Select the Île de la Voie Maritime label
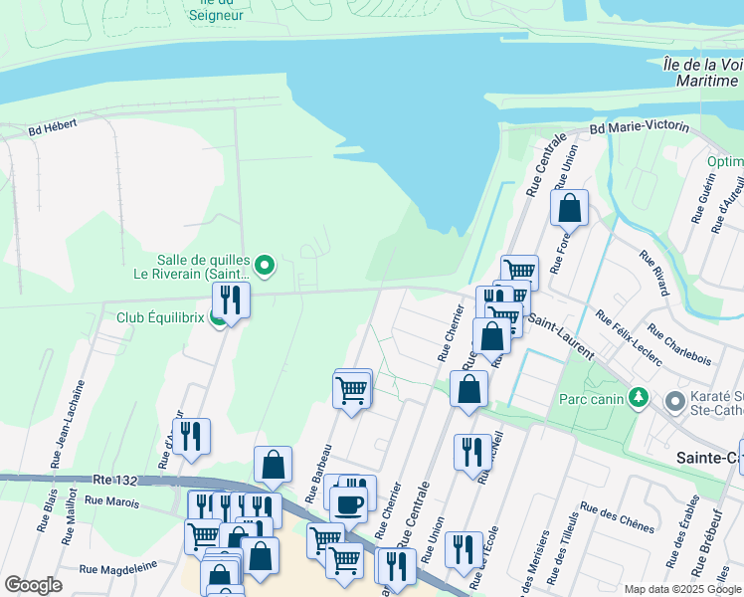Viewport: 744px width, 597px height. coord(700,71)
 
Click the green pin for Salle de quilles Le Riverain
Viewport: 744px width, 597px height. coord(264,265)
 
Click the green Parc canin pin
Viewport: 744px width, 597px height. coord(638,399)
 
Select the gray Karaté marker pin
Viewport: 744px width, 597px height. coord(674,402)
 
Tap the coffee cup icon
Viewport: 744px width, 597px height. coord(348,503)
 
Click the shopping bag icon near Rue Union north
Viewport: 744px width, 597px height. coord(569,208)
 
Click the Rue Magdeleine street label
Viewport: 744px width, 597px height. coord(115,569)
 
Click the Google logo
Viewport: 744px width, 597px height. coord(33,584)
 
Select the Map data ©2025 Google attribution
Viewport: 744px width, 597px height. coord(681,589)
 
